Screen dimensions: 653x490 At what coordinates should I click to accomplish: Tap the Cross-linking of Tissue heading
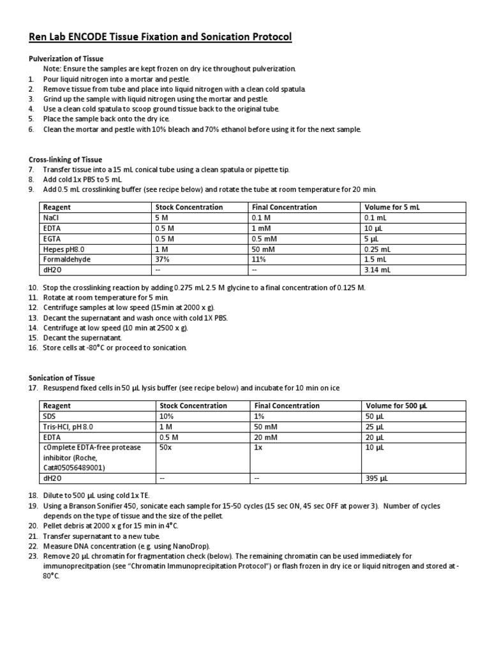[65, 159]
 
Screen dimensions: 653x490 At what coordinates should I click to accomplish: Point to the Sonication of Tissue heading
[62, 378]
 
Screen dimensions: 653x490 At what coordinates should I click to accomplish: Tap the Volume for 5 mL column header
[392, 207]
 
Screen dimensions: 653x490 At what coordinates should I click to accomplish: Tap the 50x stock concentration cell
[167, 447]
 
